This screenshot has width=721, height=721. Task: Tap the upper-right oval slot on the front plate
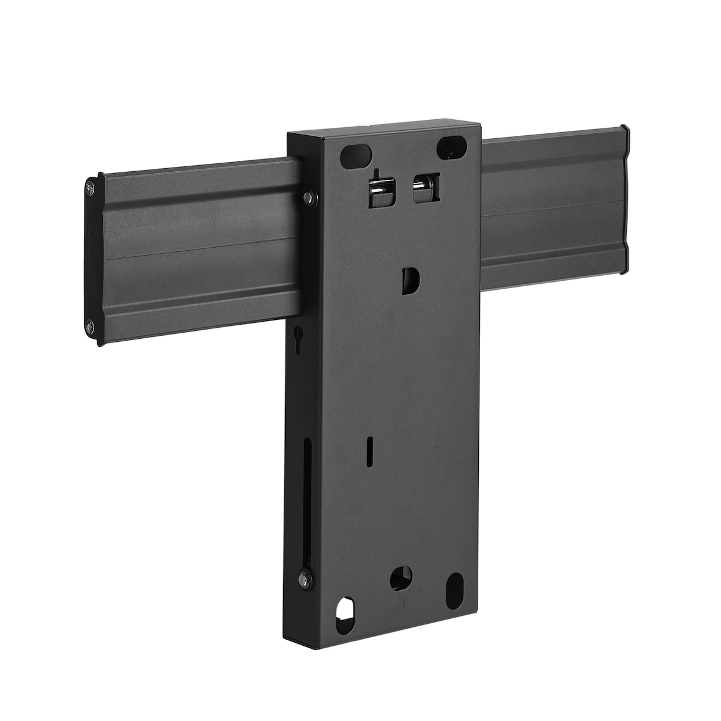point(452,147)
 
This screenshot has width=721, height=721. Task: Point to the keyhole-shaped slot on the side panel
point(298,336)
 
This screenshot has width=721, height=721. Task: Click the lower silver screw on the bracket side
point(303,579)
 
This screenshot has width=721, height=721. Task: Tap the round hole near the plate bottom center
point(401,577)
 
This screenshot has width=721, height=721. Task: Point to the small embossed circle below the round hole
point(401,605)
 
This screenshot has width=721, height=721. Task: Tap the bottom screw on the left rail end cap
point(91,327)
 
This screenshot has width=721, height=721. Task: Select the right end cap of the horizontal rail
point(625,200)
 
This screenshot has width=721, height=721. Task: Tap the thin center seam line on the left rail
point(202,250)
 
